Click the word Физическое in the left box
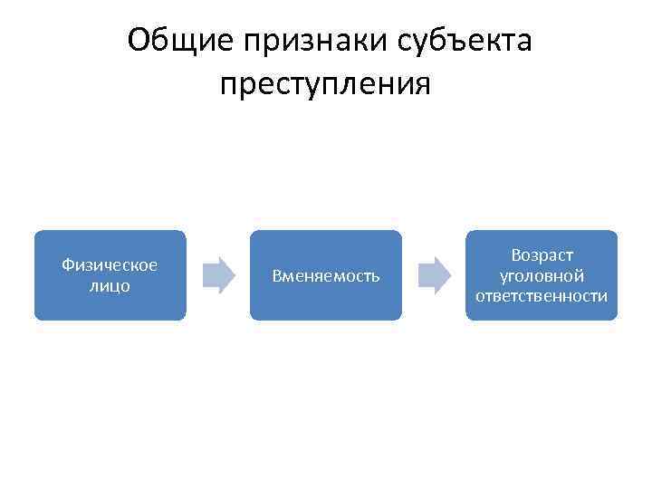(110, 264)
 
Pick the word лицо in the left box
(110, 285)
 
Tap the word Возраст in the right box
(542, 256)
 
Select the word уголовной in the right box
(542, 276)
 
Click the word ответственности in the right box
(542, 296)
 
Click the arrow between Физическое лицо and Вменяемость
(218, 275)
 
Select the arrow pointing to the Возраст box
(434, 275)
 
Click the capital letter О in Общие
(139, 40)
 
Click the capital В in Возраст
(515, 256)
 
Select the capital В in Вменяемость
(277, 275)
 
